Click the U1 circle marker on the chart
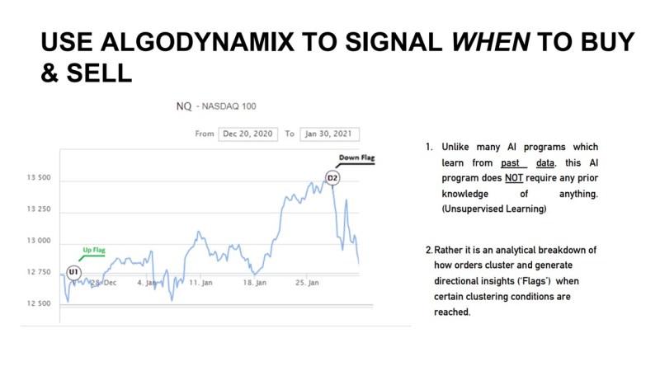[x=73, y=272]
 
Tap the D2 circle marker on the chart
[x=332, y=178]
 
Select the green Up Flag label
[x=94, y=250]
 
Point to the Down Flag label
[x=356, y=157]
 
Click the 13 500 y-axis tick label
[x=39, y=177]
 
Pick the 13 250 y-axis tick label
[x=39, y=209]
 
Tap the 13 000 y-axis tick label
[x=39, y=241]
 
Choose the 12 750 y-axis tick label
[x=39, y=272]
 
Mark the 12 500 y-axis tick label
[x=39, y=303]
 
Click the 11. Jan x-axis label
[x=200, y=283]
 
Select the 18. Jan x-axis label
[x=255, y=283]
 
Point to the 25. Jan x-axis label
[x=307, y=283]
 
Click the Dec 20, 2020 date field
[x=248, y=134]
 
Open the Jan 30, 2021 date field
[x=329, y=134]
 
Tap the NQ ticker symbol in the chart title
[x=184, y=106]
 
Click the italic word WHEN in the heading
[x=491, y=42]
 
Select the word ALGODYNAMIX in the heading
[x=197, y=42]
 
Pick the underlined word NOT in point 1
[x=514, y=178]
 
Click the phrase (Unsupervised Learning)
[x=494, y=209]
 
